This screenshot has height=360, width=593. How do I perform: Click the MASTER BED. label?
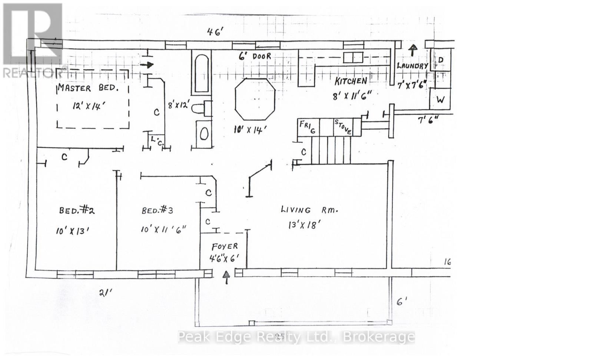(88, 88)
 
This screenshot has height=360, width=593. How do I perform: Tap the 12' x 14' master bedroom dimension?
(89, 106)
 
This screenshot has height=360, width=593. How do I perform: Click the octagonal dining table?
(255, 99)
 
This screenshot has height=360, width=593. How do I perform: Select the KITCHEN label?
(351, 81)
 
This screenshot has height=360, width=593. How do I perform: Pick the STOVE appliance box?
(343, 127)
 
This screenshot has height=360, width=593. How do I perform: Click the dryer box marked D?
(441, 60)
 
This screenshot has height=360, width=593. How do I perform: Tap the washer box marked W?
(440, 100)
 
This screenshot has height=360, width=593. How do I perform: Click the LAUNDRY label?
(412, 66)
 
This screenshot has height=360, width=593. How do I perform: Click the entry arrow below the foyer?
(226, 277)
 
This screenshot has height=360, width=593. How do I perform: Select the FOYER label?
(225, 247)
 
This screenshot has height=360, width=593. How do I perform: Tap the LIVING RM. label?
(309, 210)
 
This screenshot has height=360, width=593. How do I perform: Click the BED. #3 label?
(157, 210)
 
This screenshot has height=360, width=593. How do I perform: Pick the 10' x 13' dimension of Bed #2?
(73, 231)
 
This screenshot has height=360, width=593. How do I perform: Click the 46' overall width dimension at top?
(215, 32)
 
